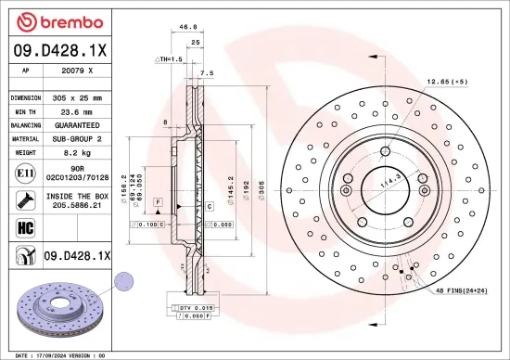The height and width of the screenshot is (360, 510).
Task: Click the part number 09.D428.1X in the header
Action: click(x=60, y=52)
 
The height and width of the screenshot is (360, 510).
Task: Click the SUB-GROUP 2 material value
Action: click(x=77, y=137)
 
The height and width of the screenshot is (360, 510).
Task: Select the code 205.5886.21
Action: click(x=77, y=205)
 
